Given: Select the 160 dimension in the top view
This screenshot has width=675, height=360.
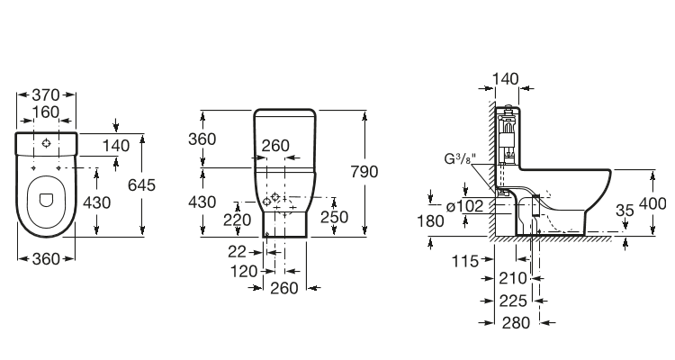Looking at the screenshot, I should point(47,112).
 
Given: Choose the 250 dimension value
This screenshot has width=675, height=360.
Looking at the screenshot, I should point(334,217).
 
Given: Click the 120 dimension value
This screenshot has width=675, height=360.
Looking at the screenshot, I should point(240,271).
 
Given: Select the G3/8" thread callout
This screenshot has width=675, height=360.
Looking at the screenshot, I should point(460,160).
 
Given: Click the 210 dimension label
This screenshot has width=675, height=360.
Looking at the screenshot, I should point(513,279).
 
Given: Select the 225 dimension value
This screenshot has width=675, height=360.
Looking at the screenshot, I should point(513,301).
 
